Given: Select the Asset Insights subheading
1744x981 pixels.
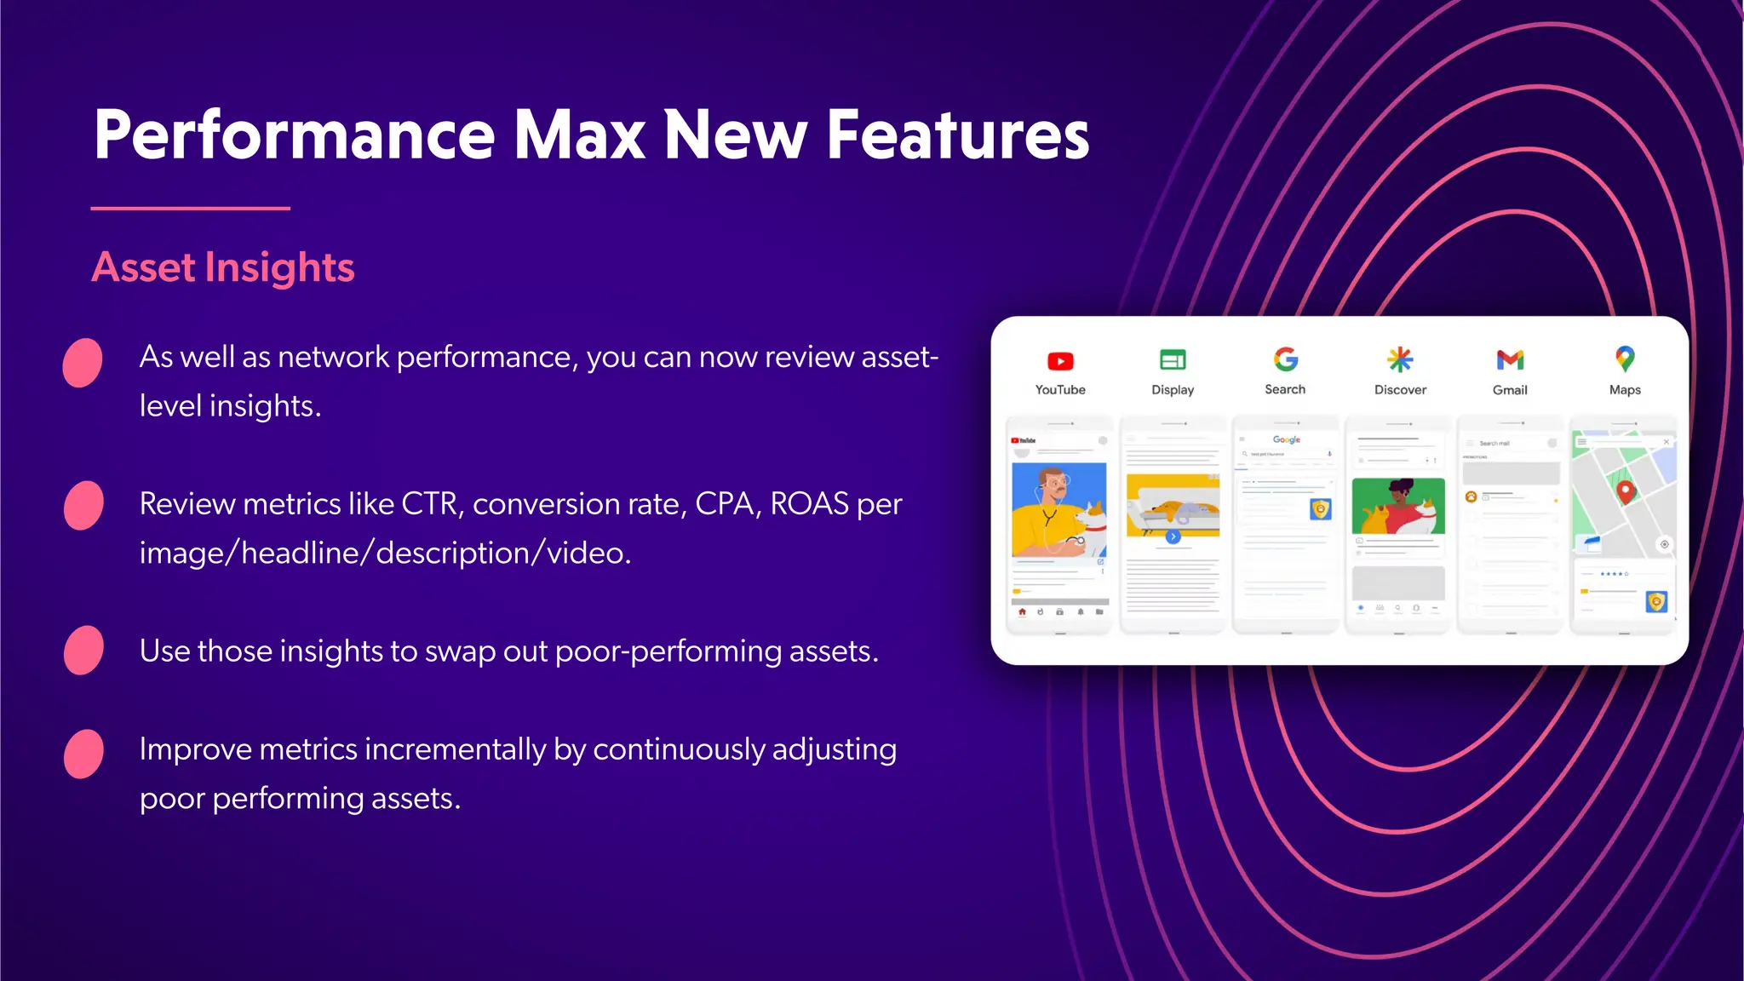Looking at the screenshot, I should (223, 267).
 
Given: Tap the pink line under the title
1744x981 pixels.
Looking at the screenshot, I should (190, 208).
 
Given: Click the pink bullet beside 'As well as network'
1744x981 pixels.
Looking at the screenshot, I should (83, 363).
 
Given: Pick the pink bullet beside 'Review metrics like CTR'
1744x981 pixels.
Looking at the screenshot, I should (83, 506).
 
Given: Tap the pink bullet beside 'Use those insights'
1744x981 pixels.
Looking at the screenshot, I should (83, 651).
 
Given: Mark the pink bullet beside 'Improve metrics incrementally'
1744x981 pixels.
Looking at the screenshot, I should (83, 754).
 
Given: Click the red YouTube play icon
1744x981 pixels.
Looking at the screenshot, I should (1060, 361).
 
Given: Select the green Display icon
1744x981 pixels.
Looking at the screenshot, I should (1173, 360).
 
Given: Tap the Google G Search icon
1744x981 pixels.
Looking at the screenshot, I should (1285, 359).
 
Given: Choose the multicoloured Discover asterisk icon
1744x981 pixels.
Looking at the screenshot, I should (1400, 359).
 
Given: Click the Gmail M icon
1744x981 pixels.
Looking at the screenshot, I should (1510, 360).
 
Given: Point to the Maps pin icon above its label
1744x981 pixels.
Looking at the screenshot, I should (1625, 359).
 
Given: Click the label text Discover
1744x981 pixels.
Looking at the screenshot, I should (1400, 390).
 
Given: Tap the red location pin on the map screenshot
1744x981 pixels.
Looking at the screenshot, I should (1626, 491).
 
